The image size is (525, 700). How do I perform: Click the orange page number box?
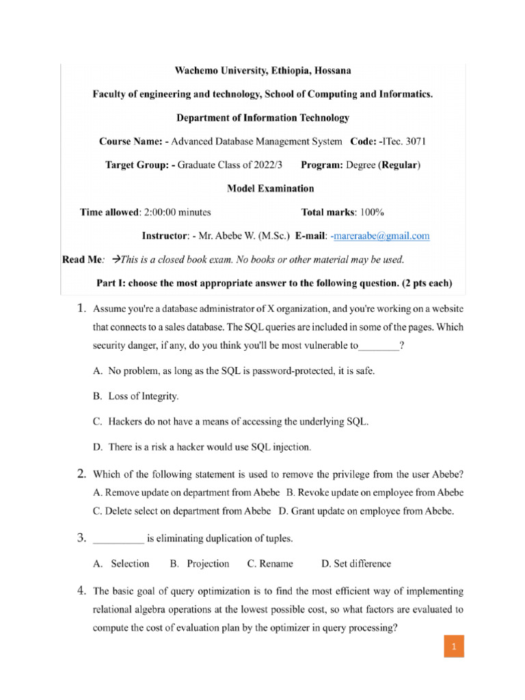coord(453,646)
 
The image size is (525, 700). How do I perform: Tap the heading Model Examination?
coord(270,188)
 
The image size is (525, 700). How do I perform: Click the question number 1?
coord(80,310)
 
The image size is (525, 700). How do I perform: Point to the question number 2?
coord(80,473)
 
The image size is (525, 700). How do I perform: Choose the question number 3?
coord(80,539)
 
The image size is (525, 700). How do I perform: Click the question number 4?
coord(80,590)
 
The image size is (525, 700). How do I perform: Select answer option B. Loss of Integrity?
coord(135,396)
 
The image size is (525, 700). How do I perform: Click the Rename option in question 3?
coord(270,564)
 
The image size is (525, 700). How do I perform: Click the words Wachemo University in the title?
coord(215,70)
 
